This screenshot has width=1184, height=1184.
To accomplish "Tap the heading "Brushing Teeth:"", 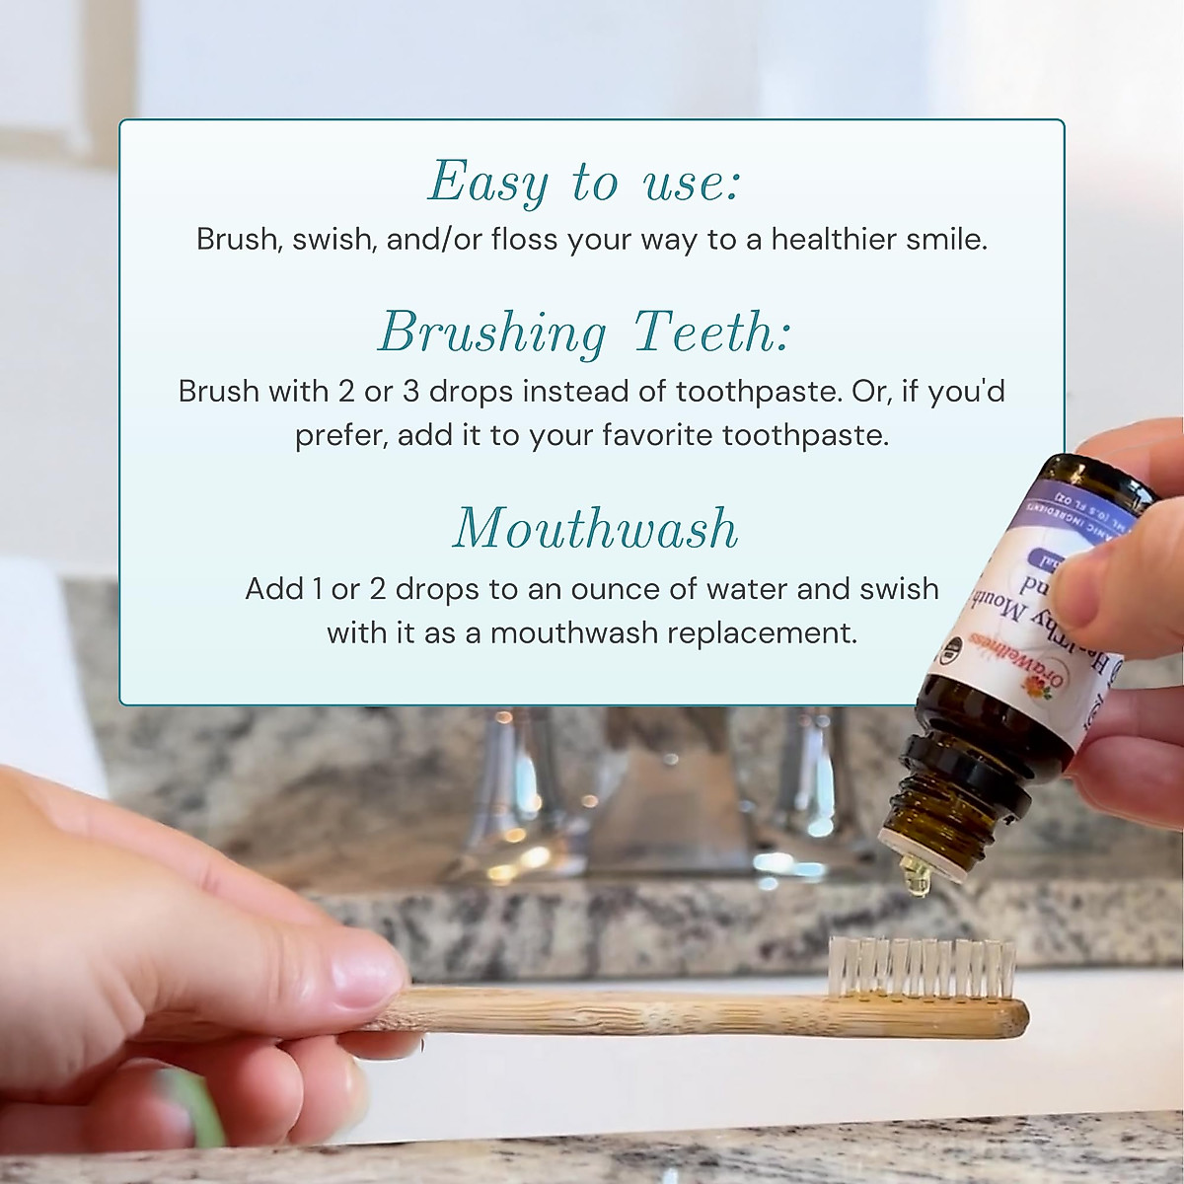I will click(584, 333).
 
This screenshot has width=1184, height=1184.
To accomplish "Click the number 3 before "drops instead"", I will click(408, 392).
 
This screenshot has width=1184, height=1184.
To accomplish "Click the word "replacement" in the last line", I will click(760, 632).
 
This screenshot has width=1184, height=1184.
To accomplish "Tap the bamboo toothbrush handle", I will click(691, 1011).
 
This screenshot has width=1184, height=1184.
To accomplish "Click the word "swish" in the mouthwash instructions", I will click(898, 589).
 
